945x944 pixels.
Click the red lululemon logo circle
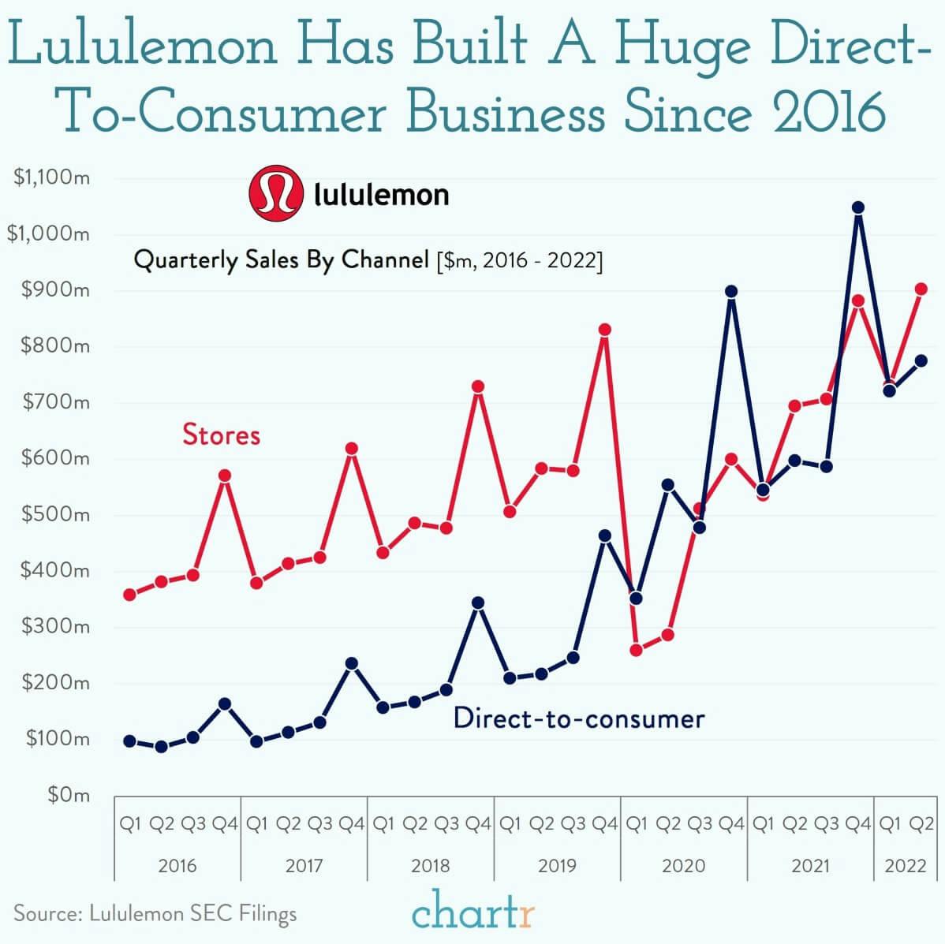[275, 193]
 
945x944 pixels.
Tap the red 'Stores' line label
[221, 435]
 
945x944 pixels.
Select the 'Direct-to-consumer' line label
[579, 718]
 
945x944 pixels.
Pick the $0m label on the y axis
[68, 794]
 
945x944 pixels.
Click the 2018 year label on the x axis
[431, 865]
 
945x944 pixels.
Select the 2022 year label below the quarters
[906, 865]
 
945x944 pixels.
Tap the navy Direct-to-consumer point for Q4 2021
[858, 208]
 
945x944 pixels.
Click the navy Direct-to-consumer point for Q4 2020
[731, 292]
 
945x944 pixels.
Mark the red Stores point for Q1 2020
[637, 650]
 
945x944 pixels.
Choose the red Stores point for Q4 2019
[605, 330]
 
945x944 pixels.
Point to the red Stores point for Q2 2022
[921, 289]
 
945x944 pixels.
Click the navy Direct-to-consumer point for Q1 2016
[130, 741]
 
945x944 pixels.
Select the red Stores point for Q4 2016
[225, 476]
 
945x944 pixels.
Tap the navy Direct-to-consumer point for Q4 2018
[478, 603]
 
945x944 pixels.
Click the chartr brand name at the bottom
[473, 912]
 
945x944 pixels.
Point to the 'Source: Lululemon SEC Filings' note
[155, 914]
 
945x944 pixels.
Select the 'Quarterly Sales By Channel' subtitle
[281, 259]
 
